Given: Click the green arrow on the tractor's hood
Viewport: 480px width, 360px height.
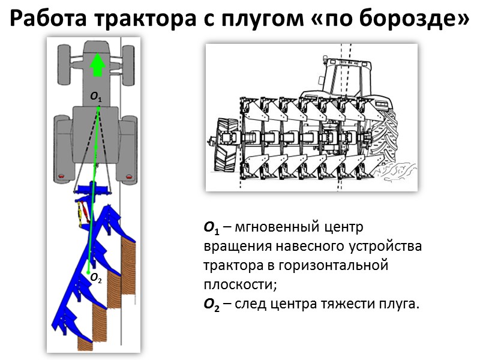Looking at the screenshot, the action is (97, 64).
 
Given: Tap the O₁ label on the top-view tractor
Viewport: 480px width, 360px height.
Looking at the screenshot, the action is (96, 96).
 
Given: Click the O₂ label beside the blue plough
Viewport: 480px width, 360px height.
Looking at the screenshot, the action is (96, 278).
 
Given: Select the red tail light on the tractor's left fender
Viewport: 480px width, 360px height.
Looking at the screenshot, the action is (61, 176).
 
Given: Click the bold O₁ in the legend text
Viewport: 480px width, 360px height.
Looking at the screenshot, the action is (211, 229).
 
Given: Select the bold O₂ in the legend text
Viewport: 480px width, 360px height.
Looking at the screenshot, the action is (211, 304).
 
